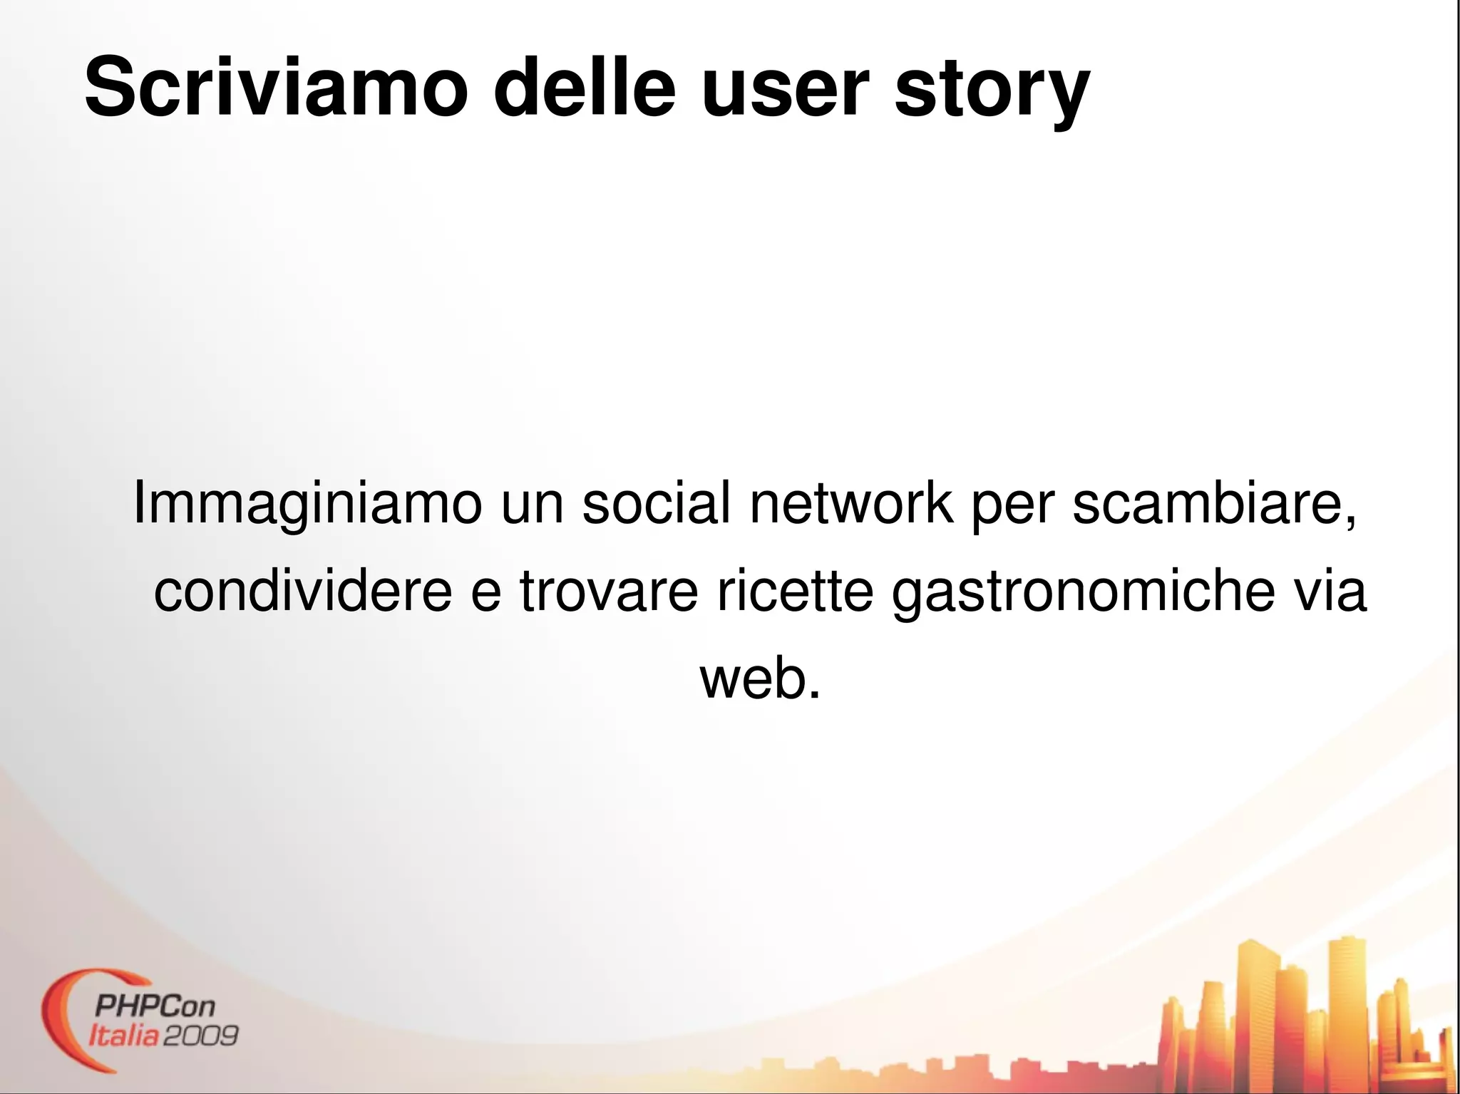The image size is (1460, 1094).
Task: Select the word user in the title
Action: pos(785,88)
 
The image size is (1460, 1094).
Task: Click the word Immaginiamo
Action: pos(307,503)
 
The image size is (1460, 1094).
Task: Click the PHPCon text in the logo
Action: pos(155,1006)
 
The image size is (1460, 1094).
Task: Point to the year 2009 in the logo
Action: pos(200,1035)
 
